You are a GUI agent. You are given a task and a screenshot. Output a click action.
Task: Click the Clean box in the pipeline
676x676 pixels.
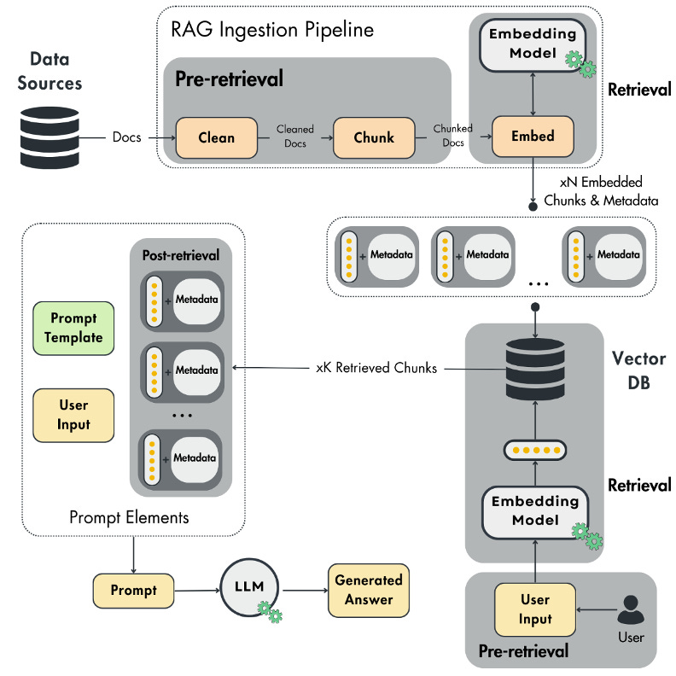tap(216, 137)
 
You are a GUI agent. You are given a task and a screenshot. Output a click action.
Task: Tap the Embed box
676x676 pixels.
tap(533, 137)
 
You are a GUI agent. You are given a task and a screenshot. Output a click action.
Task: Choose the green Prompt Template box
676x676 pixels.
tap(73, 327)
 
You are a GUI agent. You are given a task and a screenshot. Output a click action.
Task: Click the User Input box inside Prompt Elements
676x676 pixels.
tap(73, 414)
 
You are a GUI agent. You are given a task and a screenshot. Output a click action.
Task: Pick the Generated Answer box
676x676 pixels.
tap(369, 589)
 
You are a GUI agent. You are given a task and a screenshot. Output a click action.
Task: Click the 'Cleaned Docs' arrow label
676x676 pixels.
tap(295, 137)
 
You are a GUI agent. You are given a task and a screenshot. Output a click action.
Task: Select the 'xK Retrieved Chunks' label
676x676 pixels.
tap(376, 368)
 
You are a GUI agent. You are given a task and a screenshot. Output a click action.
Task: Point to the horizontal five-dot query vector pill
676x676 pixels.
tap(535, 449)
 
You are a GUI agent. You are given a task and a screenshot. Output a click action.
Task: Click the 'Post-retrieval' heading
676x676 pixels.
tap(180, 254)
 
